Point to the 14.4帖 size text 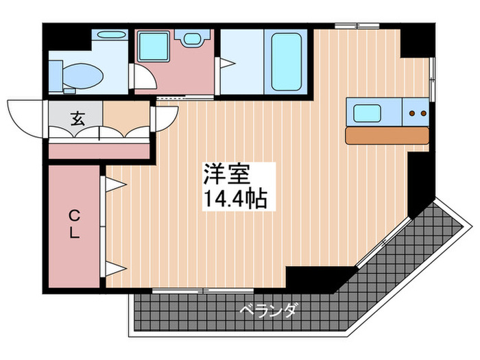click(235, 199)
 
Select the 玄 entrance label click(76, 118)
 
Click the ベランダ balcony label click(269, 312)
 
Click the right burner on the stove click(424, 112)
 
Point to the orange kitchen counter click(387, 135)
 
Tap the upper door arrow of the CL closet click(113, 183)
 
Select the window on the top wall click(357, 25)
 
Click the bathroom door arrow click(223, 63)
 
